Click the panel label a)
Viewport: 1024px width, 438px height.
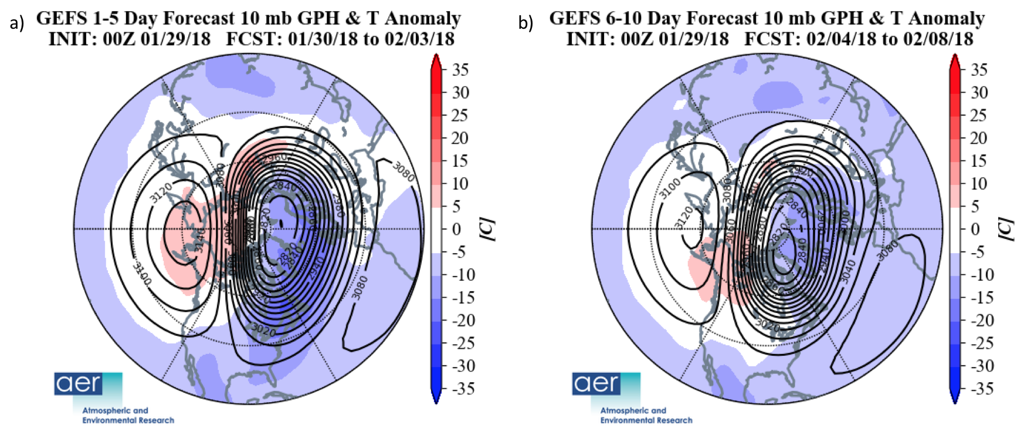(x=17, y=23)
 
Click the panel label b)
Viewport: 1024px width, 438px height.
(x=525, y=23)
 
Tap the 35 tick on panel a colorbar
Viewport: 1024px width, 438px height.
(x=460, y=70)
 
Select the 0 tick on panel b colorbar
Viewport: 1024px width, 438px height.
(x=975, y=229)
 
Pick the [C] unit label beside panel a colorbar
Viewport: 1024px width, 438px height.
(x=488, y=229)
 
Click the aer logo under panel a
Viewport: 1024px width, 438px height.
(x=79, y=384)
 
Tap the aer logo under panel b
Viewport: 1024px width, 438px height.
(x=596, y=384)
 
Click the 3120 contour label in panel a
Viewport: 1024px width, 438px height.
(x=161, y=193)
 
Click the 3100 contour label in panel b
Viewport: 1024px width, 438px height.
(x=670, y=189)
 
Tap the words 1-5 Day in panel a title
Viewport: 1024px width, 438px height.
(x=120, y=18)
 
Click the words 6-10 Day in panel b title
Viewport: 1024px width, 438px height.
(x=639, y=18)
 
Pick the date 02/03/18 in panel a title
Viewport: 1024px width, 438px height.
(x=419, y=39)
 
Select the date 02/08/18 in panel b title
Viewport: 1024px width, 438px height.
(x=938, y=39)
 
